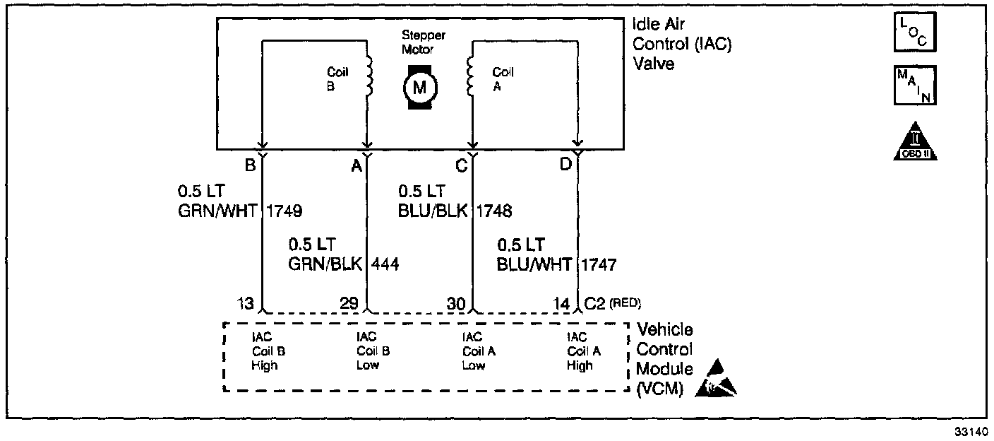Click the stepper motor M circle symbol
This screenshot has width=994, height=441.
pyautogui.click(x=420, y=87)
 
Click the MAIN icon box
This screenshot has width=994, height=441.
pyautogui.click(x=915, y=85)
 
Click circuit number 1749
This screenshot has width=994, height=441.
pyautogui.click(x=283, y=211)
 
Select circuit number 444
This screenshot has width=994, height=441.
pyautogui.click(x=385, y=264)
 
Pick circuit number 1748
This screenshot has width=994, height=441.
pyautogui.click(x=494, y=211)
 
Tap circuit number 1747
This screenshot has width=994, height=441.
pyautogui.click(x=599, y=265)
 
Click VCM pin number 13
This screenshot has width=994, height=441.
pyautogui.click(x=246, y=304)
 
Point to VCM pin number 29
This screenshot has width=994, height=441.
pyautogui.click(x=349, y=304)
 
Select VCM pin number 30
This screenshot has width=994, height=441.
pyautogui.click(x=455, y=304)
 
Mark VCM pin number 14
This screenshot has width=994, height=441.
pyautogui.click(x=562, y=304)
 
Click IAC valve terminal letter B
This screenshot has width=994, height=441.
pyautogui.click(x=250, y=166)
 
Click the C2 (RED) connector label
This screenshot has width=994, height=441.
pyautogui.click(x=612, y=304)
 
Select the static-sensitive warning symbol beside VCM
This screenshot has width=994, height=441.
pyautogui.click(x=717, y=379)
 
